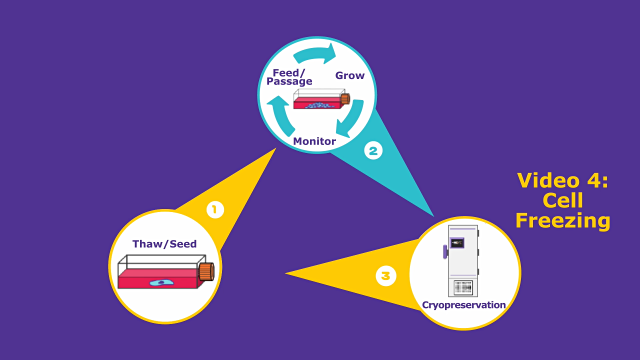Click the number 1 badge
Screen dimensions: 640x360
click(215, 210)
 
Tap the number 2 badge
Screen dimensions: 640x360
click(373, 151)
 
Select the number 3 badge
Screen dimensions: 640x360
click(386, 276)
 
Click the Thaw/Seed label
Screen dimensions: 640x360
click(164, 244)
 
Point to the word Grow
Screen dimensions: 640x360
click(350, 76)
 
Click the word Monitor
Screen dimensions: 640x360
click(314, 141)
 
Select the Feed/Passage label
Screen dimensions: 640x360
click(289, 77)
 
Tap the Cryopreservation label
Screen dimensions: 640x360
click(464, 305)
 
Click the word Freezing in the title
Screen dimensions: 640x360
click(563, 220)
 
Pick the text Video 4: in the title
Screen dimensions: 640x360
click(562, 180)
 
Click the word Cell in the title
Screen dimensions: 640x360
click(563, 200)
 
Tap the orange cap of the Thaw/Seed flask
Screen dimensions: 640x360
click(207, 272)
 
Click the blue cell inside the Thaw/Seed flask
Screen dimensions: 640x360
click(162, 282)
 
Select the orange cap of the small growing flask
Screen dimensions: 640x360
click(345, 99)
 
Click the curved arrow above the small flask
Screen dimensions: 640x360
click(315, 55)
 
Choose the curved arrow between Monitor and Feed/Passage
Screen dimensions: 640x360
click(280, 116)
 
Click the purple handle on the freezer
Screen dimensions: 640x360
click(445, 252)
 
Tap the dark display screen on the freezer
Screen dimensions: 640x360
click(457, 243)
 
